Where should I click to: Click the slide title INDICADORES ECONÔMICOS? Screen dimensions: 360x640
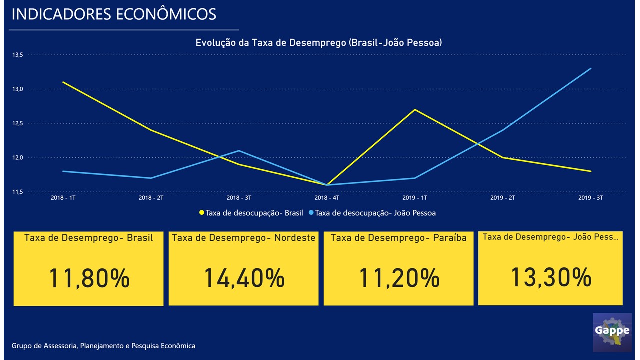pos(114,14)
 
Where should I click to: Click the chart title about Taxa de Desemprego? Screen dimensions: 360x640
pos(318,43)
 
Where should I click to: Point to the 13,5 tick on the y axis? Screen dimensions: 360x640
pos(18,55)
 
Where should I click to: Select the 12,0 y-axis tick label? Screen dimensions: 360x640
pos(18,158)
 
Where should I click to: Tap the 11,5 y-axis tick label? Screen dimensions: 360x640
pos(18,192)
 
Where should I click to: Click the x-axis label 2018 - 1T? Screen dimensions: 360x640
pos(63,198)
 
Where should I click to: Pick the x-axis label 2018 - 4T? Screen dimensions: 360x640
pos(327,198)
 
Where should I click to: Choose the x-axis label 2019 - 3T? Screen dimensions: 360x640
pos(591,198)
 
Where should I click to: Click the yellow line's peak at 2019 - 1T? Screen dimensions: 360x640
pos(415,109)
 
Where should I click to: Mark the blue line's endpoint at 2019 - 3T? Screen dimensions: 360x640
pos(591,68)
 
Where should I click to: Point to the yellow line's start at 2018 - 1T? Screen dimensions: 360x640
pos(63,82)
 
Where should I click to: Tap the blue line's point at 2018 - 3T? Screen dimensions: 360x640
pos(239,150)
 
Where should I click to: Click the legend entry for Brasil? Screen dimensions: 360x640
pos(251,213)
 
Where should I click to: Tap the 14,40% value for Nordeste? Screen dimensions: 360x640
pos(244,278)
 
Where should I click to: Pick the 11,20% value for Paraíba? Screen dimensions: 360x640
pos(399,278)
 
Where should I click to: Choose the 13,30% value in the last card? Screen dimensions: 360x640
pos(551,277)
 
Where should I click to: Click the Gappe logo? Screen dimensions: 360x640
pos(612,332)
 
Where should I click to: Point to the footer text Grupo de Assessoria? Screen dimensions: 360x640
pos(103,346)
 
